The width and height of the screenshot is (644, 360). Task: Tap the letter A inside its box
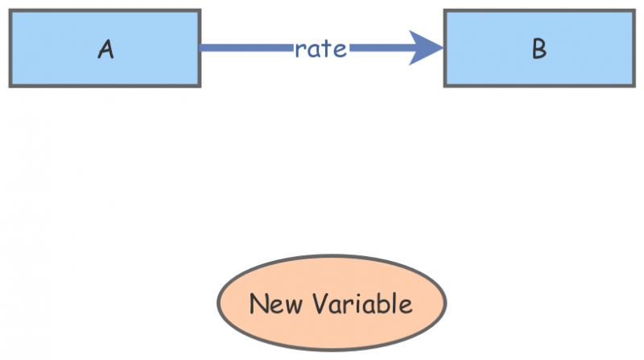pos(105,49)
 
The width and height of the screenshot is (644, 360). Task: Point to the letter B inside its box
pos(539,49)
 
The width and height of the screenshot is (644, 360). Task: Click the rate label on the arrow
pos(320,48)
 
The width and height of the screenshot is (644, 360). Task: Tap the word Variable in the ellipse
pos(361,304)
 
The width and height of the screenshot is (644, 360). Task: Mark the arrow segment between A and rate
pos(246,48)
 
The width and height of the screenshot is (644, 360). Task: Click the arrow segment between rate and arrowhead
pos(378,48)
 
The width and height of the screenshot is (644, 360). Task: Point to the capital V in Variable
pos(317,304)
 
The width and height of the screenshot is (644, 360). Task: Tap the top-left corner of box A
pos(10,10)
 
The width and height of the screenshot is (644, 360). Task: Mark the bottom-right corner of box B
pos(633,85)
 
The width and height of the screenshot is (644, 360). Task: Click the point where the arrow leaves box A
pos(200,48)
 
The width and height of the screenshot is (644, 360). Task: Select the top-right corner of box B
pos(633,10)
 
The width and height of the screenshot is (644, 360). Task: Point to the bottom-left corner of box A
pos(10,85)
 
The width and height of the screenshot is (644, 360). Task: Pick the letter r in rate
pos(299,49)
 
